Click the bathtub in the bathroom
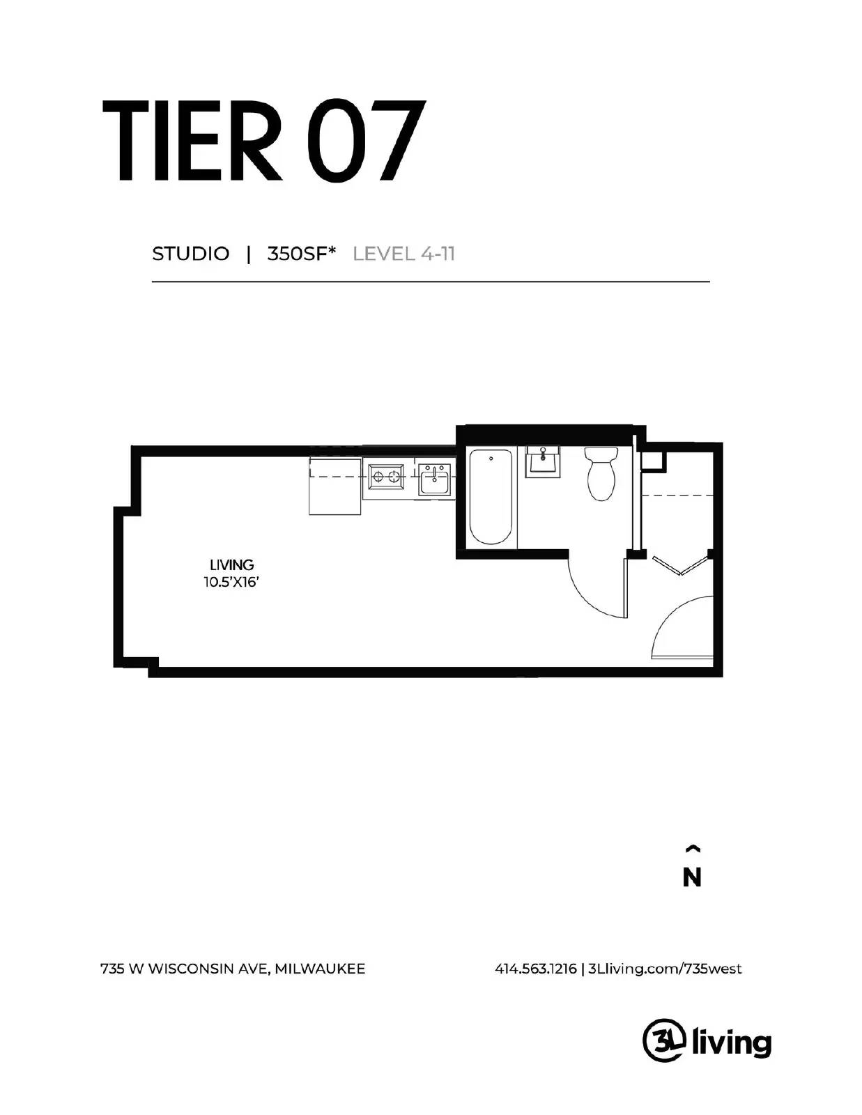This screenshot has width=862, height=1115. coord(491,497)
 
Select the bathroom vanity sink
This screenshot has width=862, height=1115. coord(543,461)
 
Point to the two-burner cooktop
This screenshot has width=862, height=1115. coord(386,477)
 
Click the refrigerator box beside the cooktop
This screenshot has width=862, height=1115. coord(334,486)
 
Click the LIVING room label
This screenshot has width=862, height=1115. coord(231,564)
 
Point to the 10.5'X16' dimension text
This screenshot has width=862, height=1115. coord(231,583)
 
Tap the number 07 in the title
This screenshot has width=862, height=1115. coord(365,141)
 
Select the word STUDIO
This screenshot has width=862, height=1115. coord(190,254)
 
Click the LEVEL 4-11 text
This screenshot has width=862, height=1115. coord(404,254)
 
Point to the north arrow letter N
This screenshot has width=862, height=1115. coord(691,878)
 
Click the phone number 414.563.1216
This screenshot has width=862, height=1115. coord(535,969)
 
